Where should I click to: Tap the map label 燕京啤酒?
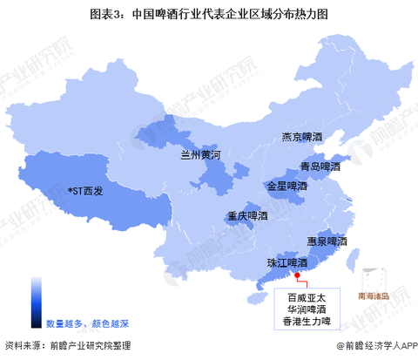click(x=301, y=137)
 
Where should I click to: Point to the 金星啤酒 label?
click(x=287, y=186)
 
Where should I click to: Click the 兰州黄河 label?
click(x=201, y=155)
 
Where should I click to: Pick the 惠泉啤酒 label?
click(x=327, y=241)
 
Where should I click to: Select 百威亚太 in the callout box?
click(x=299, y=294)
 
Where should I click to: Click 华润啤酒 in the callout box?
click(x=299, y=308)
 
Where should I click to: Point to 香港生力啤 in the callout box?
click(x=299, y=322)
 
